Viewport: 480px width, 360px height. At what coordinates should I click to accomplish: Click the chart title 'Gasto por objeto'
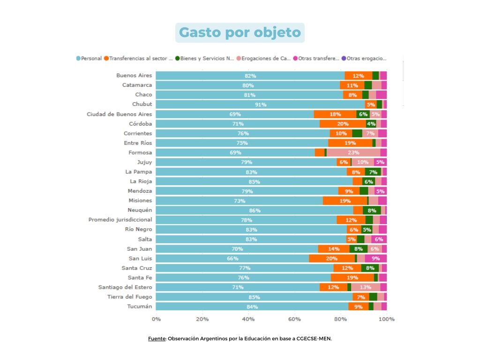(x=240, y=33)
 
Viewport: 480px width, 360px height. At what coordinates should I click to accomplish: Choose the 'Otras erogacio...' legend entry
(x=366, y=59)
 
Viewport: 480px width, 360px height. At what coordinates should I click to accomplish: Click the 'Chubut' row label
(x=142, y=104)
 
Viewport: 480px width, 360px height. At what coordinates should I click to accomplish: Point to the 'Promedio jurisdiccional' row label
(x=120, y=219)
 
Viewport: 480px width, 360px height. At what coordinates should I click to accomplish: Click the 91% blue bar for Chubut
(x=260, y=105)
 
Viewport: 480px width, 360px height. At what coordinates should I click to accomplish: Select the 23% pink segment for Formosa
(x=353, y=152)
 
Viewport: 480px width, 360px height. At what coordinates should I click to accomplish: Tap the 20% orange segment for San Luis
(x=332, y=258)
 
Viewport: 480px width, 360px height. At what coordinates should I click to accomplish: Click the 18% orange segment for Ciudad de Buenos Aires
(x=335, y=114)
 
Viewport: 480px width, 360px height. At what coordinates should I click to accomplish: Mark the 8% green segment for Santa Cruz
(x=370, y=268)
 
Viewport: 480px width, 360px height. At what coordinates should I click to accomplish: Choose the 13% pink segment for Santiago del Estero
(x=366, y=287)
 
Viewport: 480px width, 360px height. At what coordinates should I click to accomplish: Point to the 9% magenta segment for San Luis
(x=376, y=258)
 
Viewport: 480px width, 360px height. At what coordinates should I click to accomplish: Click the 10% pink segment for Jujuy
(x=363, y=162)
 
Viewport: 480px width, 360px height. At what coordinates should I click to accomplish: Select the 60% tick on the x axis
(x=294, y=319)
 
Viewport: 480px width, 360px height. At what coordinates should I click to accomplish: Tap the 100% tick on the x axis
(x=387, y=319)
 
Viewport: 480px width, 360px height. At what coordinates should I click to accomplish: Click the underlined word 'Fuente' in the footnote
(x=157, y=338)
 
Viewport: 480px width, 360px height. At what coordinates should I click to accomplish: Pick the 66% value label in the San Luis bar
(x=232, y=258)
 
